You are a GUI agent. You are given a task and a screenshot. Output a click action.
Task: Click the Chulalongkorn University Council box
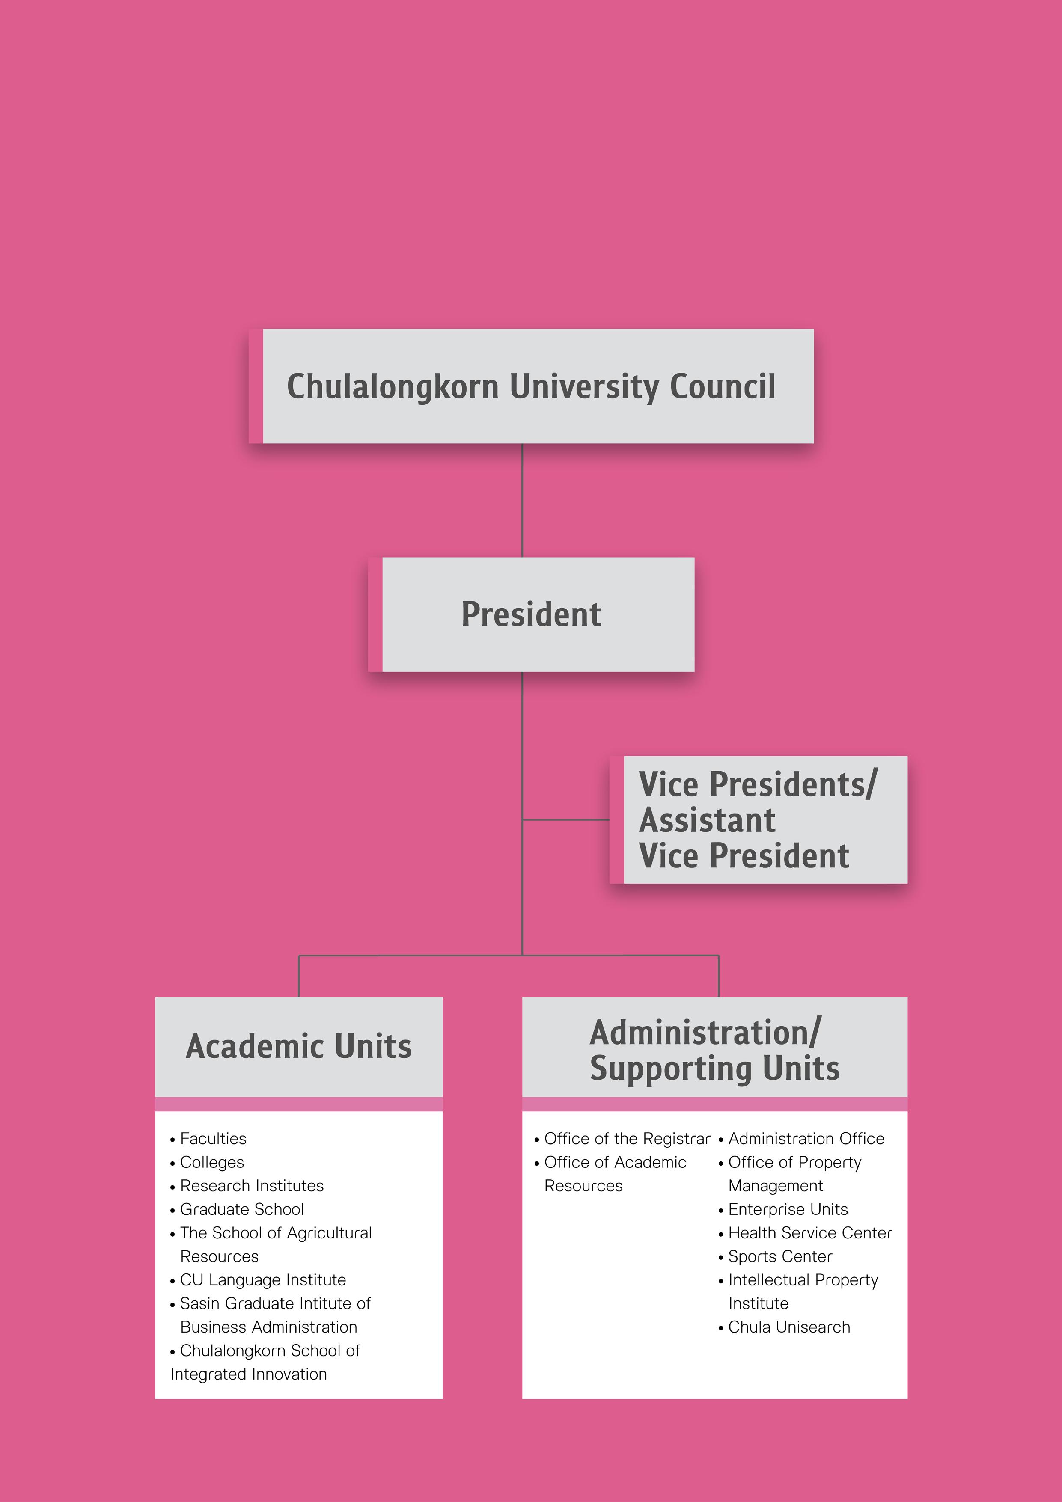(x=531, y=386)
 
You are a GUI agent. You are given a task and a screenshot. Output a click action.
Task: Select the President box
(x=531, y=614)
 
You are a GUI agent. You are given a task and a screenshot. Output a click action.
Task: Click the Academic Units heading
(x=299, y=1046)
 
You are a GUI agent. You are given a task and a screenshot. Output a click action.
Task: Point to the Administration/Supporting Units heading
(x=714, y=1050)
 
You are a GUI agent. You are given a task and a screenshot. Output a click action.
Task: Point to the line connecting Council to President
(x=522, y=500)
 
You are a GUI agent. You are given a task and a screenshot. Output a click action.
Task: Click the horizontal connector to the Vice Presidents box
(x=566, y=820)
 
